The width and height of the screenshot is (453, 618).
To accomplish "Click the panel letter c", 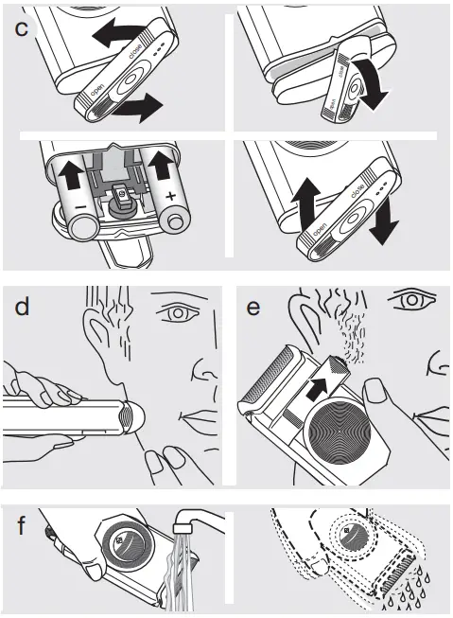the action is [x=21, y=28].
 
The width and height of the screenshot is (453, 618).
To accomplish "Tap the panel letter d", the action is [x=22, y=307].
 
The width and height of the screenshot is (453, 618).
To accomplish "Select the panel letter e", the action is [x=253, y=308].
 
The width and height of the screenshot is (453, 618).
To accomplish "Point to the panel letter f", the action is [x=21, y=524].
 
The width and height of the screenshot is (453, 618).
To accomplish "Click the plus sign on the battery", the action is [x=170, y=196].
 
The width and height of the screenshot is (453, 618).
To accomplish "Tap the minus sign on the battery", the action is [x=80, y=206].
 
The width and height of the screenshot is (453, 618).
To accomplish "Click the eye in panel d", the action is [x=178, y=313].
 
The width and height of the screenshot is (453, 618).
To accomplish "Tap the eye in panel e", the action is [x=411, y=300].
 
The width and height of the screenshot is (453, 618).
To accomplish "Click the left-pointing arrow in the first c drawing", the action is [x=117, y=32].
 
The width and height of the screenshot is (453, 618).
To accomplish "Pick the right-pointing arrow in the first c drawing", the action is [x=138, y=107].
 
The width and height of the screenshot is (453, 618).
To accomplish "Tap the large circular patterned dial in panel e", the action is [x=340, y=431].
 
